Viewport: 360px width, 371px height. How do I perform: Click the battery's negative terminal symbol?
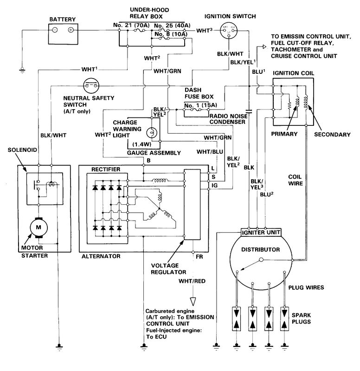[55, 30]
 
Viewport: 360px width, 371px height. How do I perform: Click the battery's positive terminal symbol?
[71, 30]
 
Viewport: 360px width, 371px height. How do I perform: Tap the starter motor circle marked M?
[39, 228]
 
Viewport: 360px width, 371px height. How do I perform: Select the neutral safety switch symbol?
[91, 85]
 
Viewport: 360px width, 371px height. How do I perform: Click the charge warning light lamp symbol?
[151, 133]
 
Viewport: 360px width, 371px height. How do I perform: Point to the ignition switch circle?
[229, 31]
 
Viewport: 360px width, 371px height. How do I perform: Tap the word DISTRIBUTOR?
[260, 250]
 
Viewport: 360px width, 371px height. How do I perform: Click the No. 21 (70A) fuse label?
[131, 25]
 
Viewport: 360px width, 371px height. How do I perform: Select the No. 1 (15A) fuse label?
[201, 105]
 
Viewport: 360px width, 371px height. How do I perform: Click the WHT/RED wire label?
[192, 281]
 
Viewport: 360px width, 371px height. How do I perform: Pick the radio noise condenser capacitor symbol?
[249, 111]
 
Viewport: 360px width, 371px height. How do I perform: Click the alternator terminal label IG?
[214, 186]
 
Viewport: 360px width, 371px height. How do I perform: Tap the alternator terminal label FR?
[199, 256]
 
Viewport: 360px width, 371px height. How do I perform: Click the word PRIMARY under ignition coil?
[284, 134]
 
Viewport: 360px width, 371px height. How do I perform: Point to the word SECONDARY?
[332, 134]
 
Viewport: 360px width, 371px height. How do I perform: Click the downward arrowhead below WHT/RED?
[193, 302]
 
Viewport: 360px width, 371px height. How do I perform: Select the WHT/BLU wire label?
[210, 152]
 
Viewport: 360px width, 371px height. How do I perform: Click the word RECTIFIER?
[106, 169]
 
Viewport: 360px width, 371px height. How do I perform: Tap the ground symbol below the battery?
[22, 70]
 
